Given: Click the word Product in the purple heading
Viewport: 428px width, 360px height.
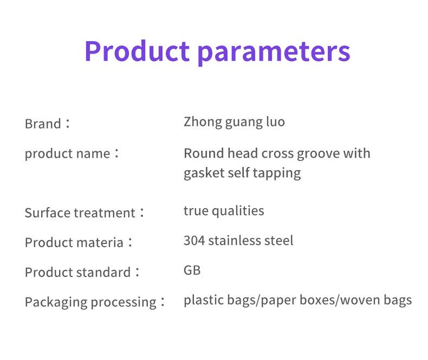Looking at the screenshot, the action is click(x=137, y=51).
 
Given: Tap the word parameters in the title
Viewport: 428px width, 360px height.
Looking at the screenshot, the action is click(x=274, y=53).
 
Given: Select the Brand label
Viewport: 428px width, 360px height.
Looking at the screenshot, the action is click(x=43, y=124).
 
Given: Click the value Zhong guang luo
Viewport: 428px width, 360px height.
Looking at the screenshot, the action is click(x=234, y=122).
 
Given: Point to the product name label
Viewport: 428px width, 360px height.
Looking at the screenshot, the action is click(x=67, y=153).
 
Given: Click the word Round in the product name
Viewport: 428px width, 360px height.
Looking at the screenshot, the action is click(x=204, y=153).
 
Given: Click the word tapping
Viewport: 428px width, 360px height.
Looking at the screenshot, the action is click(x=277, y=173).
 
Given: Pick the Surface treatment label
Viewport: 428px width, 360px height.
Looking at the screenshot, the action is click(x=80, y=213).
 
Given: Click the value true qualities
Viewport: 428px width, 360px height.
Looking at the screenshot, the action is click(x=224, y=211).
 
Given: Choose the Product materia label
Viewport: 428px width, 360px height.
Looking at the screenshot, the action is click(x=74, y=242).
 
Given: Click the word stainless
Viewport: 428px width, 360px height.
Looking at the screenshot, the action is click(x=234, y=241).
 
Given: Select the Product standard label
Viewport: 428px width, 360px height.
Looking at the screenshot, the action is click(x=78, y=272).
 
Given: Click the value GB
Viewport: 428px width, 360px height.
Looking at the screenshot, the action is click(x=192, y=271).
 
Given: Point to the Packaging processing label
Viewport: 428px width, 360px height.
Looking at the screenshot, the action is click(x=90, y=303).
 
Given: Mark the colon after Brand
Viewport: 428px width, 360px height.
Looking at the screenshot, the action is click(x=68, y=124).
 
